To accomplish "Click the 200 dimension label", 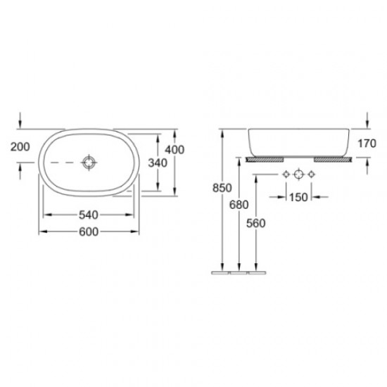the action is [x=20, y=147].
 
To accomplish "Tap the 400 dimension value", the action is [x=175, y=150].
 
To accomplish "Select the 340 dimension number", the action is [x=158, y=163].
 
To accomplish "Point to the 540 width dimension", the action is [x=89, y=215].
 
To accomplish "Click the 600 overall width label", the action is [x=89, y=231].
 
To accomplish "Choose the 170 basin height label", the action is [x=367, y=144].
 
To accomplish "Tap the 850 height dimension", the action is [x=222, y=188].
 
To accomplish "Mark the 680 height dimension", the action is [x=239, y=205].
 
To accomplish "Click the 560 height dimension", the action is [x=255, y=223].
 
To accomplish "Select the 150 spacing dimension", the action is [x=298, y=197].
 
